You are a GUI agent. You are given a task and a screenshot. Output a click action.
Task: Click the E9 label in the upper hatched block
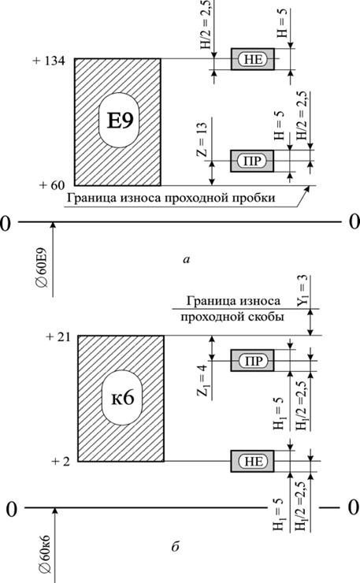[120, 120]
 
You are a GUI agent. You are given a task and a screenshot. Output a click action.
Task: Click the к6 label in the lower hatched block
[122, 398]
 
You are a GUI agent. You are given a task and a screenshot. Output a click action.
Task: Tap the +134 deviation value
[49, 61]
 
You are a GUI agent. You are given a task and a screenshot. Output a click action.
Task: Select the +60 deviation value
[52, 185]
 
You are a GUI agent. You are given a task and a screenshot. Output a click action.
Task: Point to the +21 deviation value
[58, 337]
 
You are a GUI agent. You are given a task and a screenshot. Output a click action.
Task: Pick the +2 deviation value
[61, 462]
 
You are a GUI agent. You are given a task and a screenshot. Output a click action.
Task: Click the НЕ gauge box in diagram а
[253, 59]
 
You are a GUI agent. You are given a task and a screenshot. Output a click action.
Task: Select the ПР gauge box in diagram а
[252, 161]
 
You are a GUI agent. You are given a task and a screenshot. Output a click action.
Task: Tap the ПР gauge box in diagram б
[252, 360]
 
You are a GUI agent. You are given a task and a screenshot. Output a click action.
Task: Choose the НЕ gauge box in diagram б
[253, 462]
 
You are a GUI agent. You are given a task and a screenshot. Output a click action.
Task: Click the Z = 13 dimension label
[203, 138]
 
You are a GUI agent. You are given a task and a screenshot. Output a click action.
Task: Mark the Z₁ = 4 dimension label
[204, 381]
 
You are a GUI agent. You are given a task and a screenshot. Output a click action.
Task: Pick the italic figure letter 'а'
[187, 259]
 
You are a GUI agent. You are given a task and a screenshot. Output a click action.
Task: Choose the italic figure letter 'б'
[176, 546]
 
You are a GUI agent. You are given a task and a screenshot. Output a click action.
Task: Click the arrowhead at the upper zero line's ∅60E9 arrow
[53, 225]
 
